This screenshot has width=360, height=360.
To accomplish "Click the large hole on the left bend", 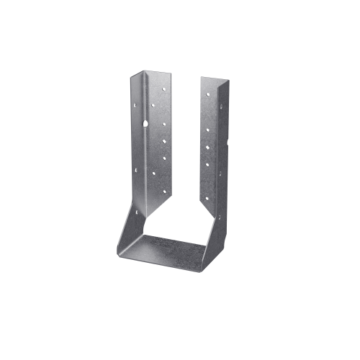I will pos(145,124).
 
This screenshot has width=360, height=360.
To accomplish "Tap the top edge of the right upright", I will pos(214,77).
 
